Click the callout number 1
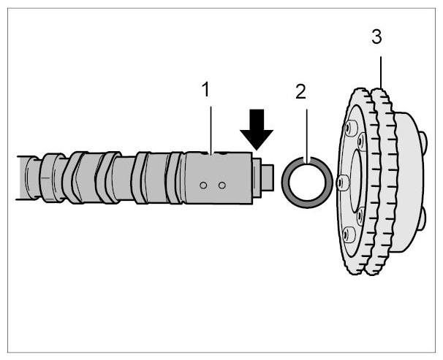pyautogui.click(x=206, y=89)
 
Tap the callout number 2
pyautogui.click(x=300, y=92)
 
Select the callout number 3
pyautogui.click(x=377, y=37)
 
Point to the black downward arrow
pyautogui.click(x=257, y=129)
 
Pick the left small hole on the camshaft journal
pyautogui.click(x=202, y=185)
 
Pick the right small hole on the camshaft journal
pyautogui.click(x=222, y=185)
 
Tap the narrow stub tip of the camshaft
pyautogui.click(x=268, y=178)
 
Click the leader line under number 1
pyautogui.click(x=211, y=130)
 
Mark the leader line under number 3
pyautogui.click(x=381, y=72)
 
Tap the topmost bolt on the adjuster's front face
pyautogui.click(x=349, y=127)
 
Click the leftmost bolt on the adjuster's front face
pyautogui.click(x=341, y=182)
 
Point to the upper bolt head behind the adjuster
pyautogui.click(x=423, y=139)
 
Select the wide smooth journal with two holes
pyautogui.click(x=219, y=177)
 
